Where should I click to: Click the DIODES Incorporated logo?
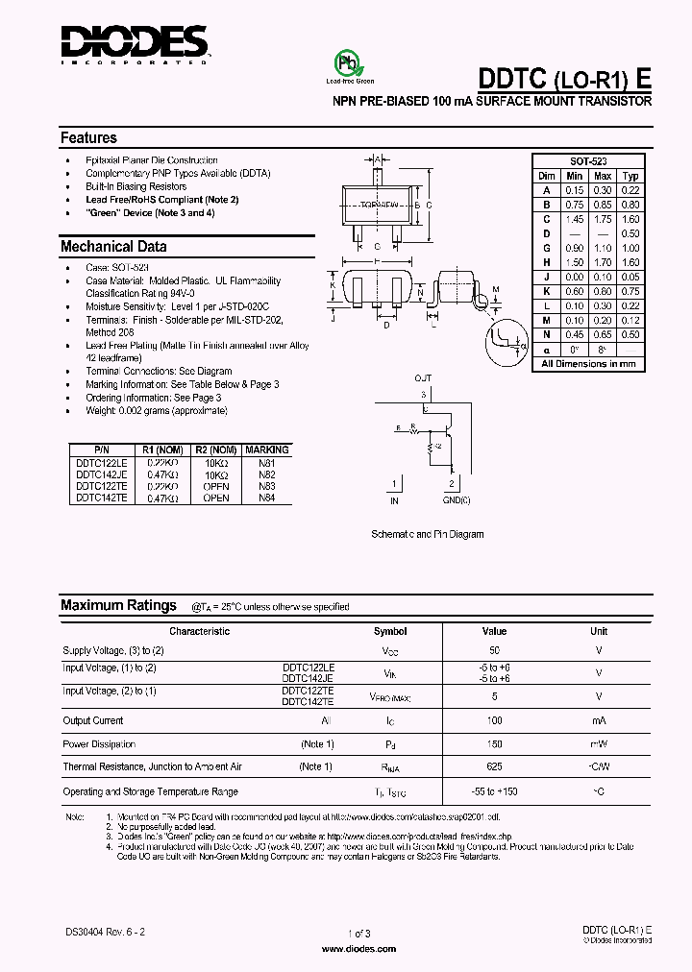point(135,43)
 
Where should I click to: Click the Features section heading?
point(88,137)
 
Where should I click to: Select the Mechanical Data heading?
point(113,246)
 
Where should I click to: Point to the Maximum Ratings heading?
point(118,605)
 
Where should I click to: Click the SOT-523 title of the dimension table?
point(588,162)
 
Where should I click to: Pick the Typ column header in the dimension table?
point(630,176)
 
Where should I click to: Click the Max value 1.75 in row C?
point(603,219)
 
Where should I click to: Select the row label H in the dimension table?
point(546,262)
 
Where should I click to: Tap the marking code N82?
point(266,474)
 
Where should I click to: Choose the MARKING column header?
point(266,450)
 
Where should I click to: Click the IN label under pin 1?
point(394,501)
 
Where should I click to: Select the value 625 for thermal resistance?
point(494,766)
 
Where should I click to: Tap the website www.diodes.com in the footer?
point(357,948)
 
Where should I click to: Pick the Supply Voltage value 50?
point(494,650)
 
